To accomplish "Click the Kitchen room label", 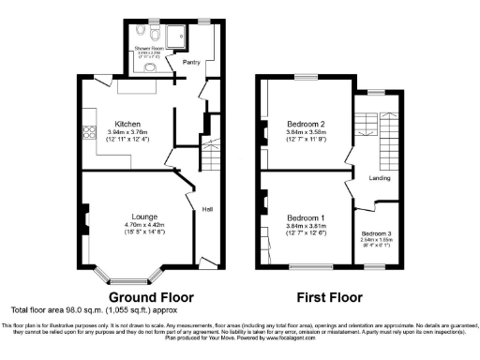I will (x=127, y=124).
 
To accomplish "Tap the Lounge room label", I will (x=131, y=216).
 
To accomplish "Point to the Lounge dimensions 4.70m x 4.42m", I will (x=131, y=225).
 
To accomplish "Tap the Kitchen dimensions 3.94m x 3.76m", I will (x=127, y=133).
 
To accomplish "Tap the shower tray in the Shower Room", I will (x=184, y=36).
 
